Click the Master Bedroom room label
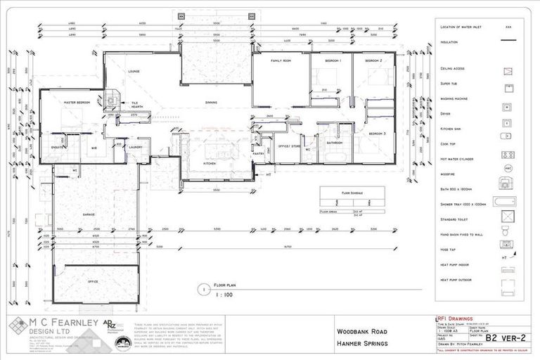(x=79, y=103)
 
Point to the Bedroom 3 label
(x=378, y=134)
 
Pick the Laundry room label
(x=136, y=147)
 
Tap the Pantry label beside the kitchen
(x=258, y=153)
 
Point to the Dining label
(x=211, y=103)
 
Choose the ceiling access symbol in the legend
(x=506, y=71)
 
